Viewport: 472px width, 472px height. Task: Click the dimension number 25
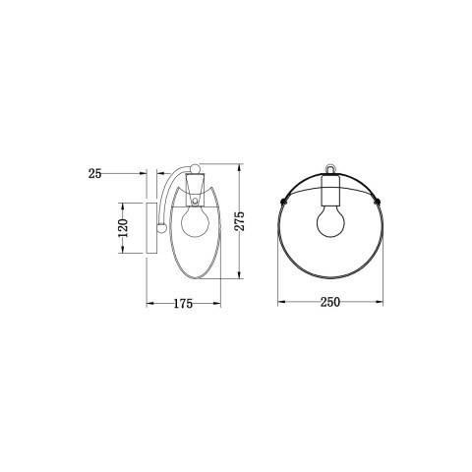pyautogui.click(x=95, y=173)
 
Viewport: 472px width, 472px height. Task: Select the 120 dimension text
pyautogui.click(x=124, y=228)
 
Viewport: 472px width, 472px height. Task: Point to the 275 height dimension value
pyautogui.click(x=238, y=221)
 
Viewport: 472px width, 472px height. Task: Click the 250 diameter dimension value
pyautogui.click(x=329, y=303)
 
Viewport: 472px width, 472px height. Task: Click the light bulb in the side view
pyautogui.click(x=196, y=220)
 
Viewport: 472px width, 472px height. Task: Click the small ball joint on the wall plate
pyautogui.click(x=159, y=228)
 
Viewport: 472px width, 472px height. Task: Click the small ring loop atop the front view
pyautogui.click(x=329, y=168)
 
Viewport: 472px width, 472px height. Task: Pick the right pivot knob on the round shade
pyautogui.click(x=380, y=200)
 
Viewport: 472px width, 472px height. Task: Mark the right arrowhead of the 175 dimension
pyautogui.click(x=216, y=303)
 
